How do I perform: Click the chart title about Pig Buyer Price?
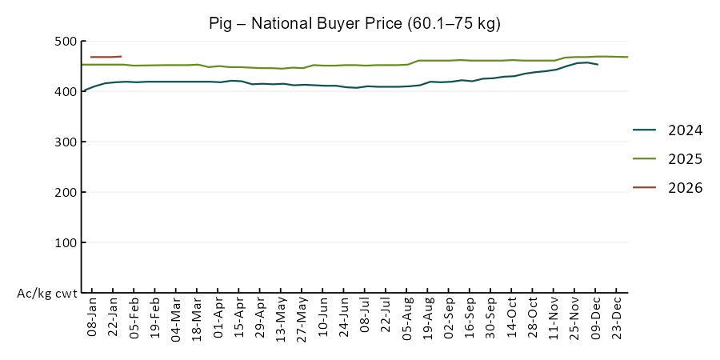pos(354,23)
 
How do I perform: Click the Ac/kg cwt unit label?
pos(47,294)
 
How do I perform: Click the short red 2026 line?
pos(106,57)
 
